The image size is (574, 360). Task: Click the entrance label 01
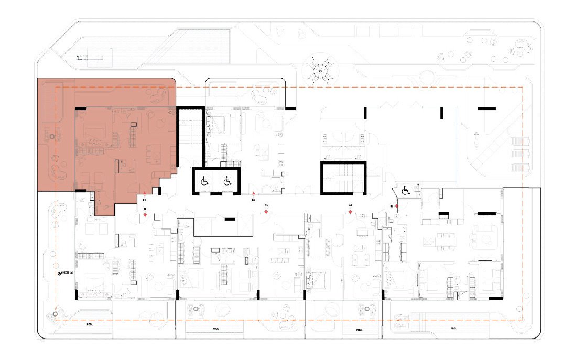(144, 201)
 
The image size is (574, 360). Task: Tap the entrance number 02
(145, 209)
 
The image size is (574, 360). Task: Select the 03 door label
(266, 205)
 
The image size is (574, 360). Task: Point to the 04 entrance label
(350, 205)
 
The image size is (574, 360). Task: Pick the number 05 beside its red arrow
(392, 206)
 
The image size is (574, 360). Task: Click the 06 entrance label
(253, 200)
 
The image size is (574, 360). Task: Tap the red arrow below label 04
(350, 211)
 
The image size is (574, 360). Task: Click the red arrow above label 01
(145, 194)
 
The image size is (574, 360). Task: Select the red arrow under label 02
(145, 215)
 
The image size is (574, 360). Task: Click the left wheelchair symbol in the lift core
(204, 181)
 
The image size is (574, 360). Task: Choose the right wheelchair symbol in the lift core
(228, 181)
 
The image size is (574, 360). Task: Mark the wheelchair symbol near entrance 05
(406, 191)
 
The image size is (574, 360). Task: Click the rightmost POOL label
(452, 329)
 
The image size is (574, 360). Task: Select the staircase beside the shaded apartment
(190, 136)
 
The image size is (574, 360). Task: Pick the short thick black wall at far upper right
(486, 108)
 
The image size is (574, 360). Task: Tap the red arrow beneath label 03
(266, 211)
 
